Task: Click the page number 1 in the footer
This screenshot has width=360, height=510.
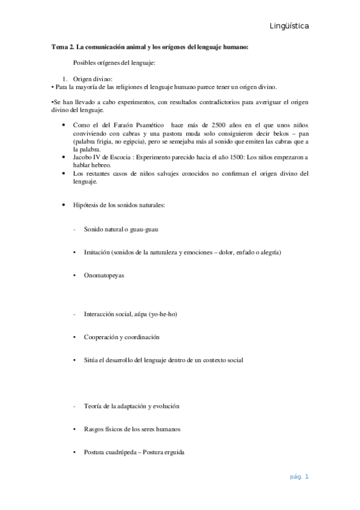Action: [307, 477]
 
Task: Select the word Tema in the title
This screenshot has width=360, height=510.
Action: [59, 46]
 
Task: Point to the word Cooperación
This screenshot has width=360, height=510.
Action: [102, 337]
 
